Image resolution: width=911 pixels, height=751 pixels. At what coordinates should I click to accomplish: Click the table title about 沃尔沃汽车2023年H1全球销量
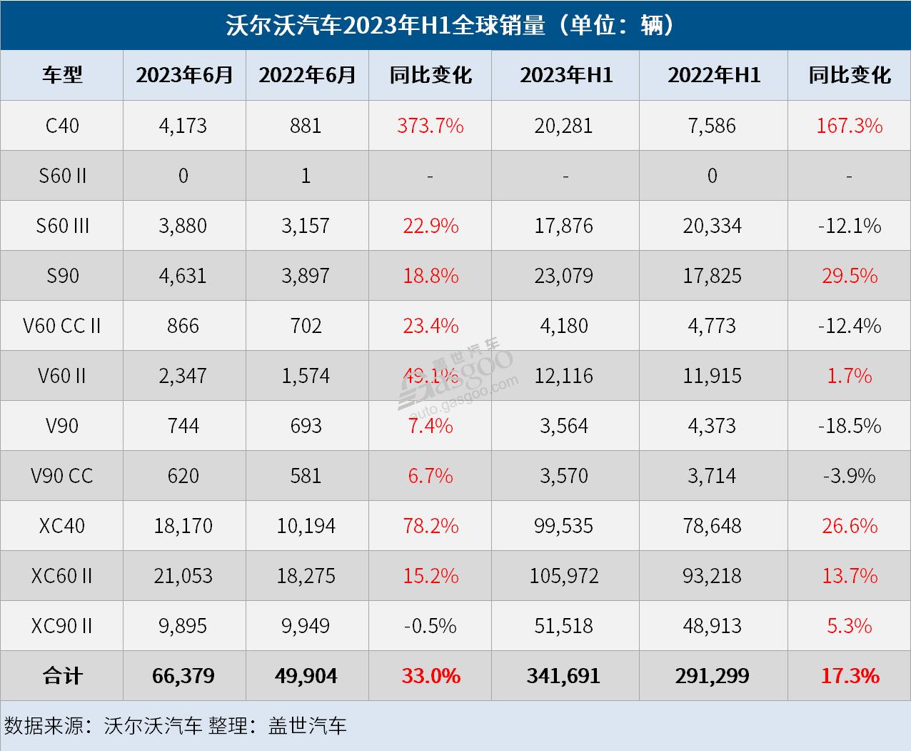click(x=455, y=25)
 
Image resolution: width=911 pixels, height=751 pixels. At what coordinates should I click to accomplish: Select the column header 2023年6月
click(x=184, y=75)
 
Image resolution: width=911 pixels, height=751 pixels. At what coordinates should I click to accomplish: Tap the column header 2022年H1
click(x=713, y=75)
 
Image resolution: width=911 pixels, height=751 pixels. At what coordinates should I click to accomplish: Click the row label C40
click(x=62, y=126)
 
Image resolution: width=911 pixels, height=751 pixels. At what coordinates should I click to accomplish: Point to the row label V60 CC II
click(x=62, y=326)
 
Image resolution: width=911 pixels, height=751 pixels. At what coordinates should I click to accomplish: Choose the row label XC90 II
click(x=62, y=626)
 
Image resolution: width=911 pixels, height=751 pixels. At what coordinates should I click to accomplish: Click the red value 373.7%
click(x=430, y=126)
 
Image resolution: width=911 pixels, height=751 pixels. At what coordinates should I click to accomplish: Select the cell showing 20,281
click(x=564, y=126)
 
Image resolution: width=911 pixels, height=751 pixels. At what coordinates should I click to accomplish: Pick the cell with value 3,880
click(x=183, y=226)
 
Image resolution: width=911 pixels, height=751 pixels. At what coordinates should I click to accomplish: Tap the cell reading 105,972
click(x=564, y=576)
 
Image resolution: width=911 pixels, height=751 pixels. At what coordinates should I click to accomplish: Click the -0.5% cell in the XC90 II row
click(x=430, y=626)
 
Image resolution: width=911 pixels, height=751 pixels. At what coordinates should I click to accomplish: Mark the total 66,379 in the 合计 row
click(x=183, y=676)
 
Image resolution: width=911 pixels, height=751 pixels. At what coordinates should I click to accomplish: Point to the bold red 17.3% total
click(x=850, y=676)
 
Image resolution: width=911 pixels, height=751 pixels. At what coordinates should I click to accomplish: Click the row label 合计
click(x=62, y=676)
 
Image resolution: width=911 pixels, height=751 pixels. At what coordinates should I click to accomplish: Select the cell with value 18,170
click(x=183, y=526)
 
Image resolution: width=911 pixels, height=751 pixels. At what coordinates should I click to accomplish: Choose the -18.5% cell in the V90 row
click(x=850, y=426)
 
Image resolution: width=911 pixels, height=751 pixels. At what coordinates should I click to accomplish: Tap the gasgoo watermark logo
click(x=457, y=375)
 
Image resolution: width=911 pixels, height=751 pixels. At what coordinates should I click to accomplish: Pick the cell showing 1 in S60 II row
click(x=306, y=176)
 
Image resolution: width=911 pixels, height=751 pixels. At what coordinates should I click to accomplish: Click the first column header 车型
click(x=62, y=75)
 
